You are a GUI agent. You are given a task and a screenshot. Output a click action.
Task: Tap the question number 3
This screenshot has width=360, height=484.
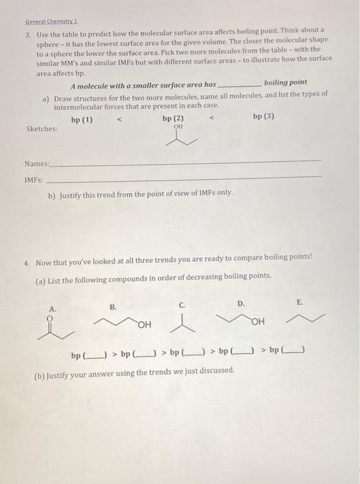[28, 32]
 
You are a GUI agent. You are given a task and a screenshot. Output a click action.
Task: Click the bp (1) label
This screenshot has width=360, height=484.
[82, 119]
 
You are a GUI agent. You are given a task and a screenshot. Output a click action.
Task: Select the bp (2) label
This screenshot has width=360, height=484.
[173, 118]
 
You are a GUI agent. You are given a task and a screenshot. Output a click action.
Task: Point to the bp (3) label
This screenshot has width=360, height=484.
[263, 116]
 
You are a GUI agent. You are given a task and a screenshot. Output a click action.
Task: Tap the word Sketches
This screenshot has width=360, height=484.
[42, 129]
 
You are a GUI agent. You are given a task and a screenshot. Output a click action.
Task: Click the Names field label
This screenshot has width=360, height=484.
[37, 163]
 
